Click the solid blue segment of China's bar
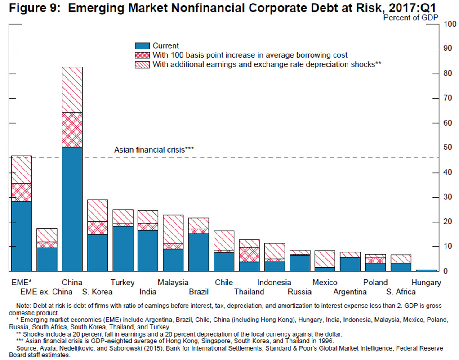tap(72, 209)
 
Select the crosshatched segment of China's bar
tap(72, 130)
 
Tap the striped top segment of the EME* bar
tap(21, 170)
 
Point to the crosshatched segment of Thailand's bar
tap(249, 255)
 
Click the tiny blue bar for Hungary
tap(426, 270)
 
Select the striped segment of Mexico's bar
tap(325, 259)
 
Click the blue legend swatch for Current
tap(142, 46)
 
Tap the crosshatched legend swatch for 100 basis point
tap(142, 55)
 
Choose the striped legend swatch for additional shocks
tap(142, 65)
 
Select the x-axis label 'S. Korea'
tap(98, 292)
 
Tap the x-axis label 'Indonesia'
tap(274, 283)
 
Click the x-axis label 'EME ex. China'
tap(47, 292)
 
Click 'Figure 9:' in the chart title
tap(33, 8)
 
